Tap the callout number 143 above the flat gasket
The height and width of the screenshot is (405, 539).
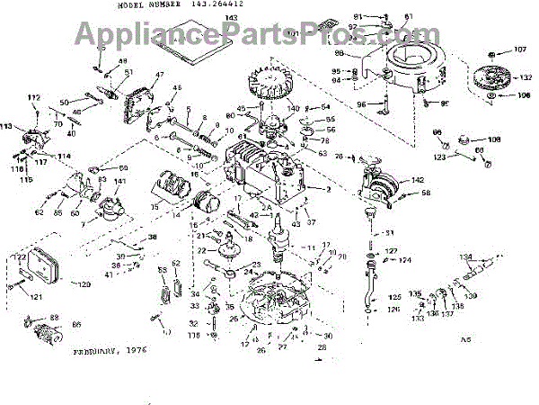pos(206,18)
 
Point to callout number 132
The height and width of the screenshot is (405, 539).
pos(525,80)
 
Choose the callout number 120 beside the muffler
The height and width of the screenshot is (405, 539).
pos(83,285)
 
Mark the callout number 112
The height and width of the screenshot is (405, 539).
pos(34,97)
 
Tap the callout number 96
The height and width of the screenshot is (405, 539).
pos(361,104)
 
